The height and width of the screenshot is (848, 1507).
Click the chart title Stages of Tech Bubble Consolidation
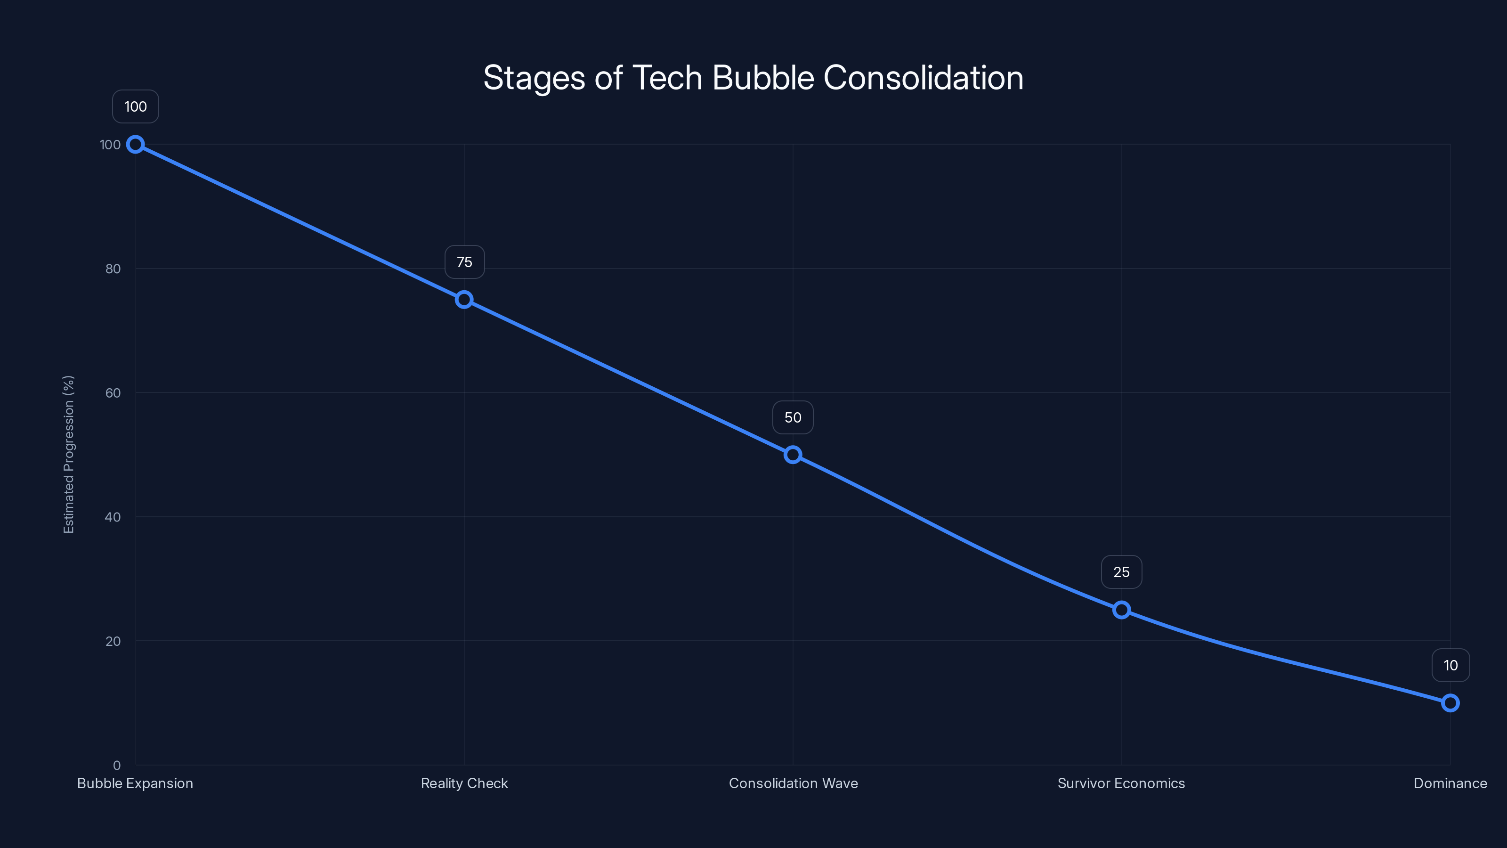pyautogui.click(x=753, y=78)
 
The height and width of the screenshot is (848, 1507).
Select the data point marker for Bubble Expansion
pyautogui.click(x=135, y=144)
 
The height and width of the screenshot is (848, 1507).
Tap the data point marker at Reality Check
pyautogui.click(x=464, y=300)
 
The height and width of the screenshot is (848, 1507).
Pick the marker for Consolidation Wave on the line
pyautogui.click(x=793, y=455)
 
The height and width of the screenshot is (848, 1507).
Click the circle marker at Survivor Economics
pyautogui.click(x=1121, y=610)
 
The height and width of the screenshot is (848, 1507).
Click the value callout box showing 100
pyautogui.click(x=135, y=106)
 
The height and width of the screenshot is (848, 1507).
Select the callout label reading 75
pyautogui.click(x=464, y=262)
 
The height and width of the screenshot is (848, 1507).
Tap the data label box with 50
pyautogui.click(x=793, y=417)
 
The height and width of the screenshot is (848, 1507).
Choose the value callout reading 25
pyautogui.click(x=1121, y=572)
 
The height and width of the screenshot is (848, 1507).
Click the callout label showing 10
pyautogui.click(x=1450, y=665)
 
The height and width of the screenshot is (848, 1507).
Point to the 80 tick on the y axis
pyautogui.click(x=113, y=269)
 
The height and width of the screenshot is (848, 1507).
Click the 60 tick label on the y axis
pyautogui.click(x=113, y=393)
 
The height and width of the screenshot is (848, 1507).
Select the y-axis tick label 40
pyautogui.click(x=113, y=517)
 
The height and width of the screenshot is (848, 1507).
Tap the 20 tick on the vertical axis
pyautogui.click(x=113, y=641)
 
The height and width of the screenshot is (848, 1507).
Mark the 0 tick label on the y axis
pyautogui.click(x=117, y=766)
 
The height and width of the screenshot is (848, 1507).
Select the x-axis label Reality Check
pyautogui.click(x=464, y=783)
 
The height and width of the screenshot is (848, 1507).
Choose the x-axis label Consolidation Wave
pyautogui.click(x=793, y=783)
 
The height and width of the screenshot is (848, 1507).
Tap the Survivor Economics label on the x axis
pyautogui.click(x=1121, y=783)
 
